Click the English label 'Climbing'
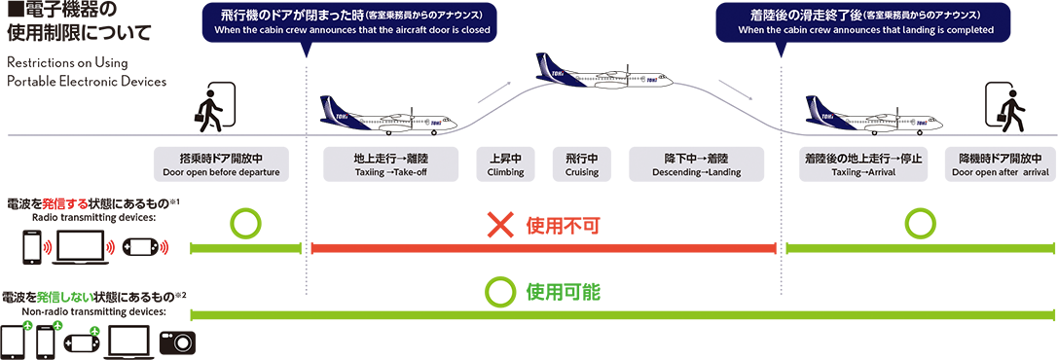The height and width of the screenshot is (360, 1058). [x=505, y=173]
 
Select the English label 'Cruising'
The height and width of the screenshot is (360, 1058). [x=582, y=173]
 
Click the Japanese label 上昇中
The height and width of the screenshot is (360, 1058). [x=505, y=158]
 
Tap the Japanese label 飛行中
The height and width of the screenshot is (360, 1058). [x=581, y=158]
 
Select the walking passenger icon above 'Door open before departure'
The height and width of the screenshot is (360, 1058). [x=207, y=110]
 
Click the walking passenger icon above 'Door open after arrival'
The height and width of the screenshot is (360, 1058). [x=1008, y=109]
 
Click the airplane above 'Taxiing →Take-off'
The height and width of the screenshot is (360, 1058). [x=388, y=117]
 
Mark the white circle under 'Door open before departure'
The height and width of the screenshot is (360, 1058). [x=245, y=224]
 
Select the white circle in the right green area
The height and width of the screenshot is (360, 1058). [x=919, y=224]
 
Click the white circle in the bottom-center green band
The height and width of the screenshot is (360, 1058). [x=500, y=289]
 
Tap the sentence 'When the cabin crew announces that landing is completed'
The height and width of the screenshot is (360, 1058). [x=865, y=30]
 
